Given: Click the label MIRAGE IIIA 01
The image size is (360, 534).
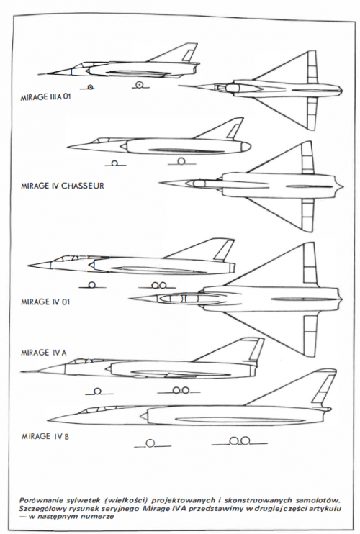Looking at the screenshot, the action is [x=46, y=96].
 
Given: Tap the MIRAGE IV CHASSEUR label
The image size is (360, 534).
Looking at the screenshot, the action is [x=63, y=186].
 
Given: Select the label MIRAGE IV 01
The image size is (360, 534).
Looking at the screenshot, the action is [x=45, y=302].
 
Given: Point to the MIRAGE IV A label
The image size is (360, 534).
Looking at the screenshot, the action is [x=44, y=353].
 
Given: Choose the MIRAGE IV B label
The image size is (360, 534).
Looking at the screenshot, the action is [x=45, y=436].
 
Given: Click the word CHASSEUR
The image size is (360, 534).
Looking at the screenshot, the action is [x=83, y=186].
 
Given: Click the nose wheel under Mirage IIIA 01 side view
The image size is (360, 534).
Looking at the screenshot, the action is [x=90, y=87].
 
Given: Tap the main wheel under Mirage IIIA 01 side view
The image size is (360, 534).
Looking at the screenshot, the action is [x=139, y=85].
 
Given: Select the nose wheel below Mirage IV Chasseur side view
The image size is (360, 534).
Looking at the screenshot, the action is [x=114, y=163].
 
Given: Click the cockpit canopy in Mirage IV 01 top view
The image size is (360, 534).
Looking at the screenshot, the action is [x=179, y=299].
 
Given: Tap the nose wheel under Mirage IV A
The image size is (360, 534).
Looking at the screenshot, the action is [x=97, y=392].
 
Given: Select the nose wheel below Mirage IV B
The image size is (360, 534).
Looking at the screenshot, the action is [x=150, y=443].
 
